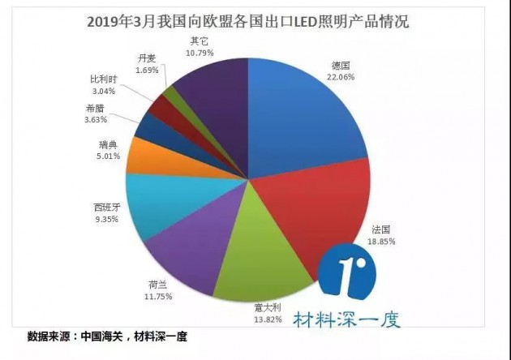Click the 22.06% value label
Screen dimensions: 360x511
coord(342,75)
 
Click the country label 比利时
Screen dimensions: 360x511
coord(103,81)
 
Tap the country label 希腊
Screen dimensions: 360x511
coord(95,109)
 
